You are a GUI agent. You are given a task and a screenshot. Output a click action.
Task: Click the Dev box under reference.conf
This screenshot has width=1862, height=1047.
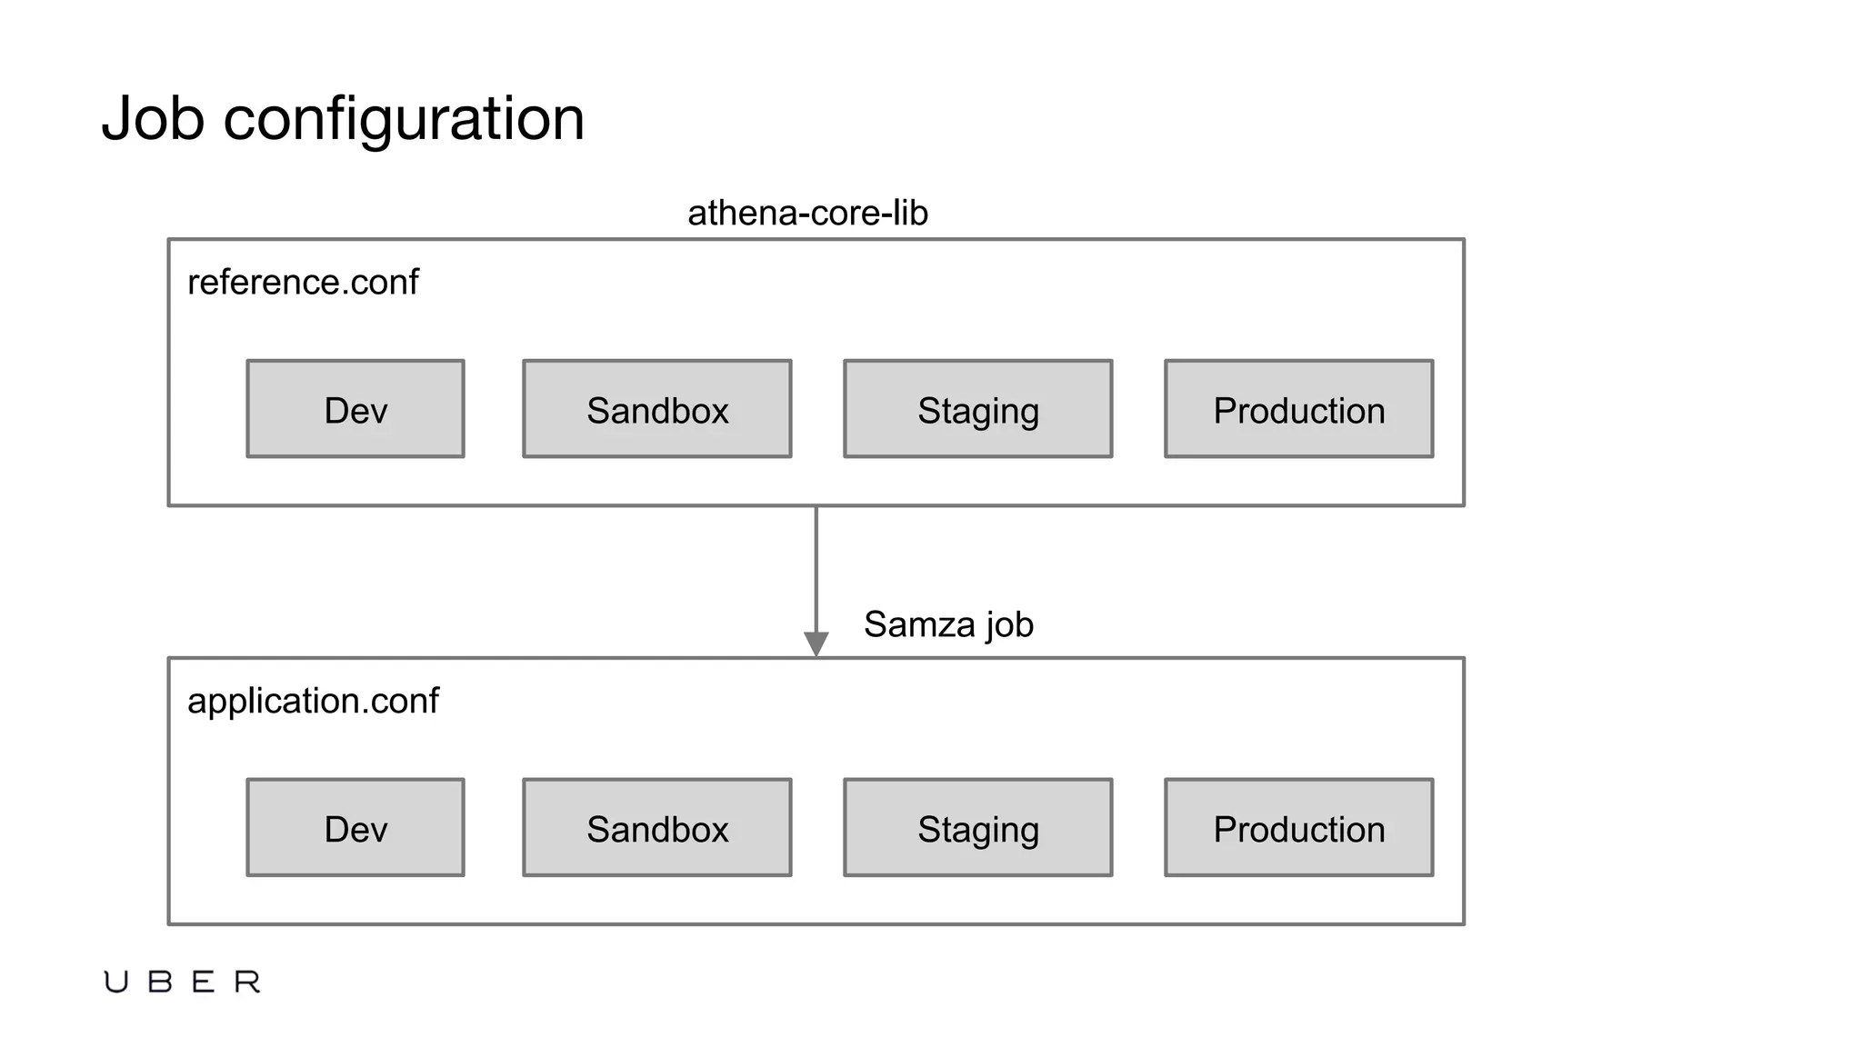(x=355, y=409)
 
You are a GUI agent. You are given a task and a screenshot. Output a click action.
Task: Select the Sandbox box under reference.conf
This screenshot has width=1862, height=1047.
(x=657, y=409)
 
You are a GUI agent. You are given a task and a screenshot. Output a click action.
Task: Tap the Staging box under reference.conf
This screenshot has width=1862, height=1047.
(x=978, y=409)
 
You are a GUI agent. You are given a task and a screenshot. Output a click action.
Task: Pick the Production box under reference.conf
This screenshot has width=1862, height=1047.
(x=1299, y=409)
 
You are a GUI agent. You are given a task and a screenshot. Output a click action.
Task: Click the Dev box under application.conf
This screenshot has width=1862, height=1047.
(x=355, y=828)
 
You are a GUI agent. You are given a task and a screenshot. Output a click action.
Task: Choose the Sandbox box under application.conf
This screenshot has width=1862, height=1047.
(x=657, y=828)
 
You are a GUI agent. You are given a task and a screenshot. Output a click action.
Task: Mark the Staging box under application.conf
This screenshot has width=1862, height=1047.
(x=978, y=828)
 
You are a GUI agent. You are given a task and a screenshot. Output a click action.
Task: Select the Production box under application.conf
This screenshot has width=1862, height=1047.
(x=1299, y=828)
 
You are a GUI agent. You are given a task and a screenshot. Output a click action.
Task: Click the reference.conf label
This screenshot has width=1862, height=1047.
(x=303, y=283)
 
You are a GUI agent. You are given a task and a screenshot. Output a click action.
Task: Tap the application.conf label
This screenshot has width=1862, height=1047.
(x=313, y=702)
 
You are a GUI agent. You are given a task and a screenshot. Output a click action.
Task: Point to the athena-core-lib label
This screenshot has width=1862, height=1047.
(x=807, y=214)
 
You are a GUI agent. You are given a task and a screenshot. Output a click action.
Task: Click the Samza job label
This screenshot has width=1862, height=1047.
(x=948, y=625)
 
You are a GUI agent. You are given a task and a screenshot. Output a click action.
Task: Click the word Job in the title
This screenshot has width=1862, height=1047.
(x=153, y=118)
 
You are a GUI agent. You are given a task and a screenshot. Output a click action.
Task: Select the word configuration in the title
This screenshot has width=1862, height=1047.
(x=404, y=120)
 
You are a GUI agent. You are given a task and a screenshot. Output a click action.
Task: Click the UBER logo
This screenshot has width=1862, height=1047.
(x=182, y=982)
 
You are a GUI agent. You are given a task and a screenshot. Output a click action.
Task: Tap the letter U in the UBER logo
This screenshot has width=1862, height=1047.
(x=115, y=982)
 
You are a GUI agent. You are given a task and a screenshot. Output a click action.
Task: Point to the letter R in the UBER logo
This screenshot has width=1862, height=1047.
(x=247, y=982)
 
